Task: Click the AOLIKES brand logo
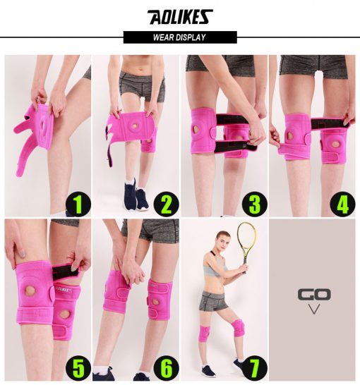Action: pyautogui.click(x=180, y=17)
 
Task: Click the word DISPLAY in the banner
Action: pyautogui.click(x=191, y=37)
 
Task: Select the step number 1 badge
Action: pyautogui.click(x=78, y=204)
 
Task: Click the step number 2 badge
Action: pyautogui.click(x=167, y=204)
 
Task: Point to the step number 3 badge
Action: pyautogui.click(x=255, y=204)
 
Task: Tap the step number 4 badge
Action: pyautogui.click(x=342, y=204)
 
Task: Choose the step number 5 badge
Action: pyautogui.click(x=78, y=368)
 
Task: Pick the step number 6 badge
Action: pyautogui.click(x=167, y=368)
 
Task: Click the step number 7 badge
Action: pyautogui.click(x=255, y=368)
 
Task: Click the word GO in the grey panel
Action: pyautogui.click(x=314, y=295)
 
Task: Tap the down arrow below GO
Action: pyautogui.click(x=314, y=309)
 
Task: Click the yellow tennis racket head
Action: pyautogui.click(x=246, y=238)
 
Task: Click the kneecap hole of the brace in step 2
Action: pyautogui.click(x=135, y=126)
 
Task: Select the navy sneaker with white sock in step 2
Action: pyautogui.click(x=131, y=193)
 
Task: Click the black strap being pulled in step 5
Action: pyautogui.click(x=65, y=271)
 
